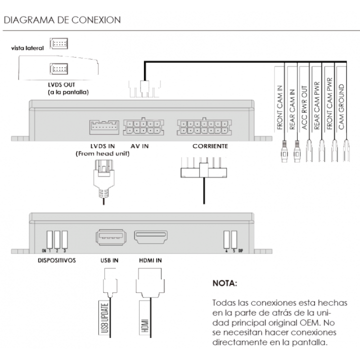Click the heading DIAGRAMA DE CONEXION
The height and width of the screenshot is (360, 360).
(62, 20)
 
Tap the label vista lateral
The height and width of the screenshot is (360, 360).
(27, 48)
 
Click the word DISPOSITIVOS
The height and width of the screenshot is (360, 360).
(56, 260)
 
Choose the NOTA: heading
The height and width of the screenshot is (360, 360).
(224, 283)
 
